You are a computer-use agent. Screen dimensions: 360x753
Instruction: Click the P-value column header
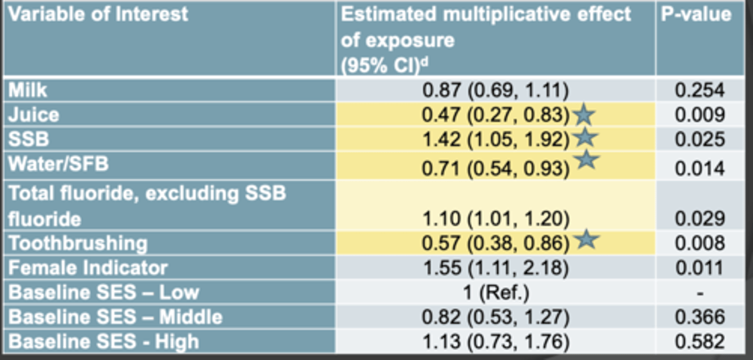click(x=695, y=15)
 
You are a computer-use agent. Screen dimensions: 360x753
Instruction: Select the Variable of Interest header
click(x=98, y=15)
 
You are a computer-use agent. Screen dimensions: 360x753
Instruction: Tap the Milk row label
click(x=28, y=90)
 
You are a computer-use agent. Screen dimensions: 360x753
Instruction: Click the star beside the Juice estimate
click(x=584, y=115)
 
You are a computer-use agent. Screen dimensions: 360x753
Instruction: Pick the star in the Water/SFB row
click(x=587, y=160)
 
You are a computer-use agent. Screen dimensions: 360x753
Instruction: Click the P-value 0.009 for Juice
click(x=700, y=115)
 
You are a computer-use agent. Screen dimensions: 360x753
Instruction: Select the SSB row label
click(x=29, y=139)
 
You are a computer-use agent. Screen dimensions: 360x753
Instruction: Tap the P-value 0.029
click(x=700, y=219)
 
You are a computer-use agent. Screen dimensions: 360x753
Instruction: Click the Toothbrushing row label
click(x=78, y=243)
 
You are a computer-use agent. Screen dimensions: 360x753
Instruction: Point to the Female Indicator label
click(x=88, y=268)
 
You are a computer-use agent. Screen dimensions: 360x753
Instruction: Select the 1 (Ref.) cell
click(x=496, y=292)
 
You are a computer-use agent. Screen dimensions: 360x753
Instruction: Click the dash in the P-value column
click(x=700, y=294)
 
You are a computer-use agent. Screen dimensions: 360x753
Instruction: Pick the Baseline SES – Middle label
click(x=116, y=317)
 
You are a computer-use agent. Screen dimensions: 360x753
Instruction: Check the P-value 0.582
click(x=700, y=342)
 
